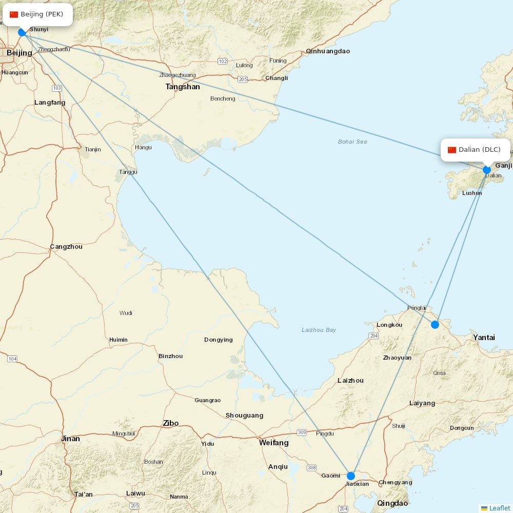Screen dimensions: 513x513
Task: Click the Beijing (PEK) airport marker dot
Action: [22, 32]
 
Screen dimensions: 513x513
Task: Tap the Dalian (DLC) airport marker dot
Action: [487, 170]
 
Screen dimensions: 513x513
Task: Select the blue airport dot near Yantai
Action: [435, 324]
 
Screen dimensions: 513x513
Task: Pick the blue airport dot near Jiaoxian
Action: [351, 476]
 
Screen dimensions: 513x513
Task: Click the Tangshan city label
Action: [183, 87]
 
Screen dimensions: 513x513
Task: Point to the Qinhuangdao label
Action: [328, 51]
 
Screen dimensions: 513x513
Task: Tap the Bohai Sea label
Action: [352, 142]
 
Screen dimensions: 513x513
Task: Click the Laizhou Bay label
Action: [319, 330]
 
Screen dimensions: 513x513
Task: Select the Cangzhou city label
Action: [66, 247]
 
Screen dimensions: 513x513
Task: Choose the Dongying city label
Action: [218, 340]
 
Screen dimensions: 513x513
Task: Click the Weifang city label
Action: [273, 442]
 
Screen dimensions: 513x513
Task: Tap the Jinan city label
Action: [70, 439]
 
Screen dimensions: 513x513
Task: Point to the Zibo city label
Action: [171, 423]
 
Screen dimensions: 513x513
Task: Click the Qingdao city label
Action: [392, 503]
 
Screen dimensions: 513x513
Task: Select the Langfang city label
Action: [50, 103]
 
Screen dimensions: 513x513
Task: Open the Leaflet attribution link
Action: [499, 508]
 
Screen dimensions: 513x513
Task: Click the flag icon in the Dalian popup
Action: [452, 150]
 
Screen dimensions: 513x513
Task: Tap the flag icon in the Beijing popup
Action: [14, 14]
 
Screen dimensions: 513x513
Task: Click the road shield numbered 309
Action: [302, 432]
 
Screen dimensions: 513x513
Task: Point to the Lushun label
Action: [472, 193]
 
